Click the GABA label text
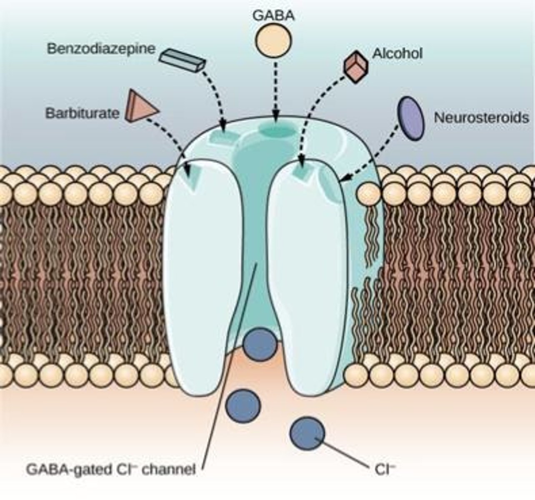point(273,15)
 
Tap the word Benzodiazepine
point(101,48)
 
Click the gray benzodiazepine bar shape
point(182,61)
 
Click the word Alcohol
point(397,53)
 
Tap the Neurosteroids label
point(481,117)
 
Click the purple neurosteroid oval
point(411,117)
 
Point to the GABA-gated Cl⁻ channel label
point(111,470)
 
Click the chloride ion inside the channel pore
point(260,344)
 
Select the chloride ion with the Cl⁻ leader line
point(307,433)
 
